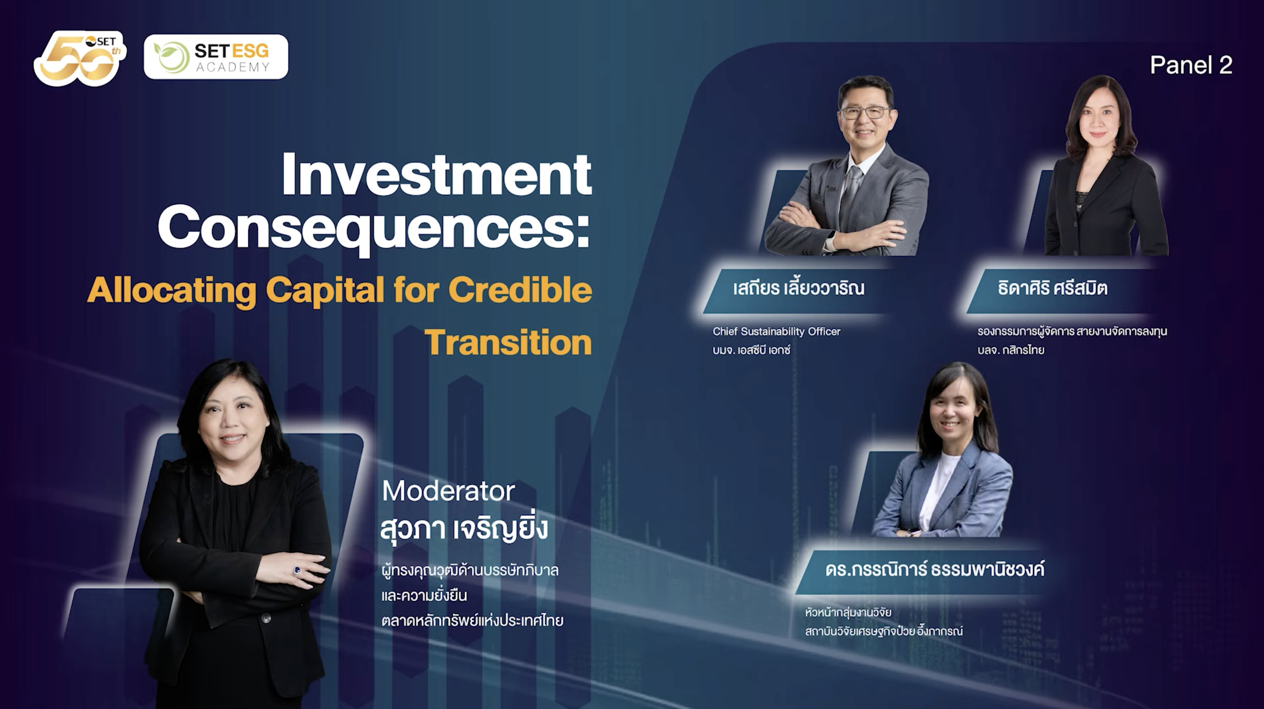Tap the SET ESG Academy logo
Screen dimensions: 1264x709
216,57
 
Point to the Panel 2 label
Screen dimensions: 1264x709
1191,65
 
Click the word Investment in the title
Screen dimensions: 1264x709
437,174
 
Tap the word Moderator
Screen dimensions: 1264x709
448,490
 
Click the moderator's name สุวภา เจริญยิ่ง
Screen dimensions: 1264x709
464,528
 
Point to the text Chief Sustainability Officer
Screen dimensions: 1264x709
776,332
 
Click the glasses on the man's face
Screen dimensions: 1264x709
865,112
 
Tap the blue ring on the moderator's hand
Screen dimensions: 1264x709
297,570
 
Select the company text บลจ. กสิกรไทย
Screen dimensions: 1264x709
1010,350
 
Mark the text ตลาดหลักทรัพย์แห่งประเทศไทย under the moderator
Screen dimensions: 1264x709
472,621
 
